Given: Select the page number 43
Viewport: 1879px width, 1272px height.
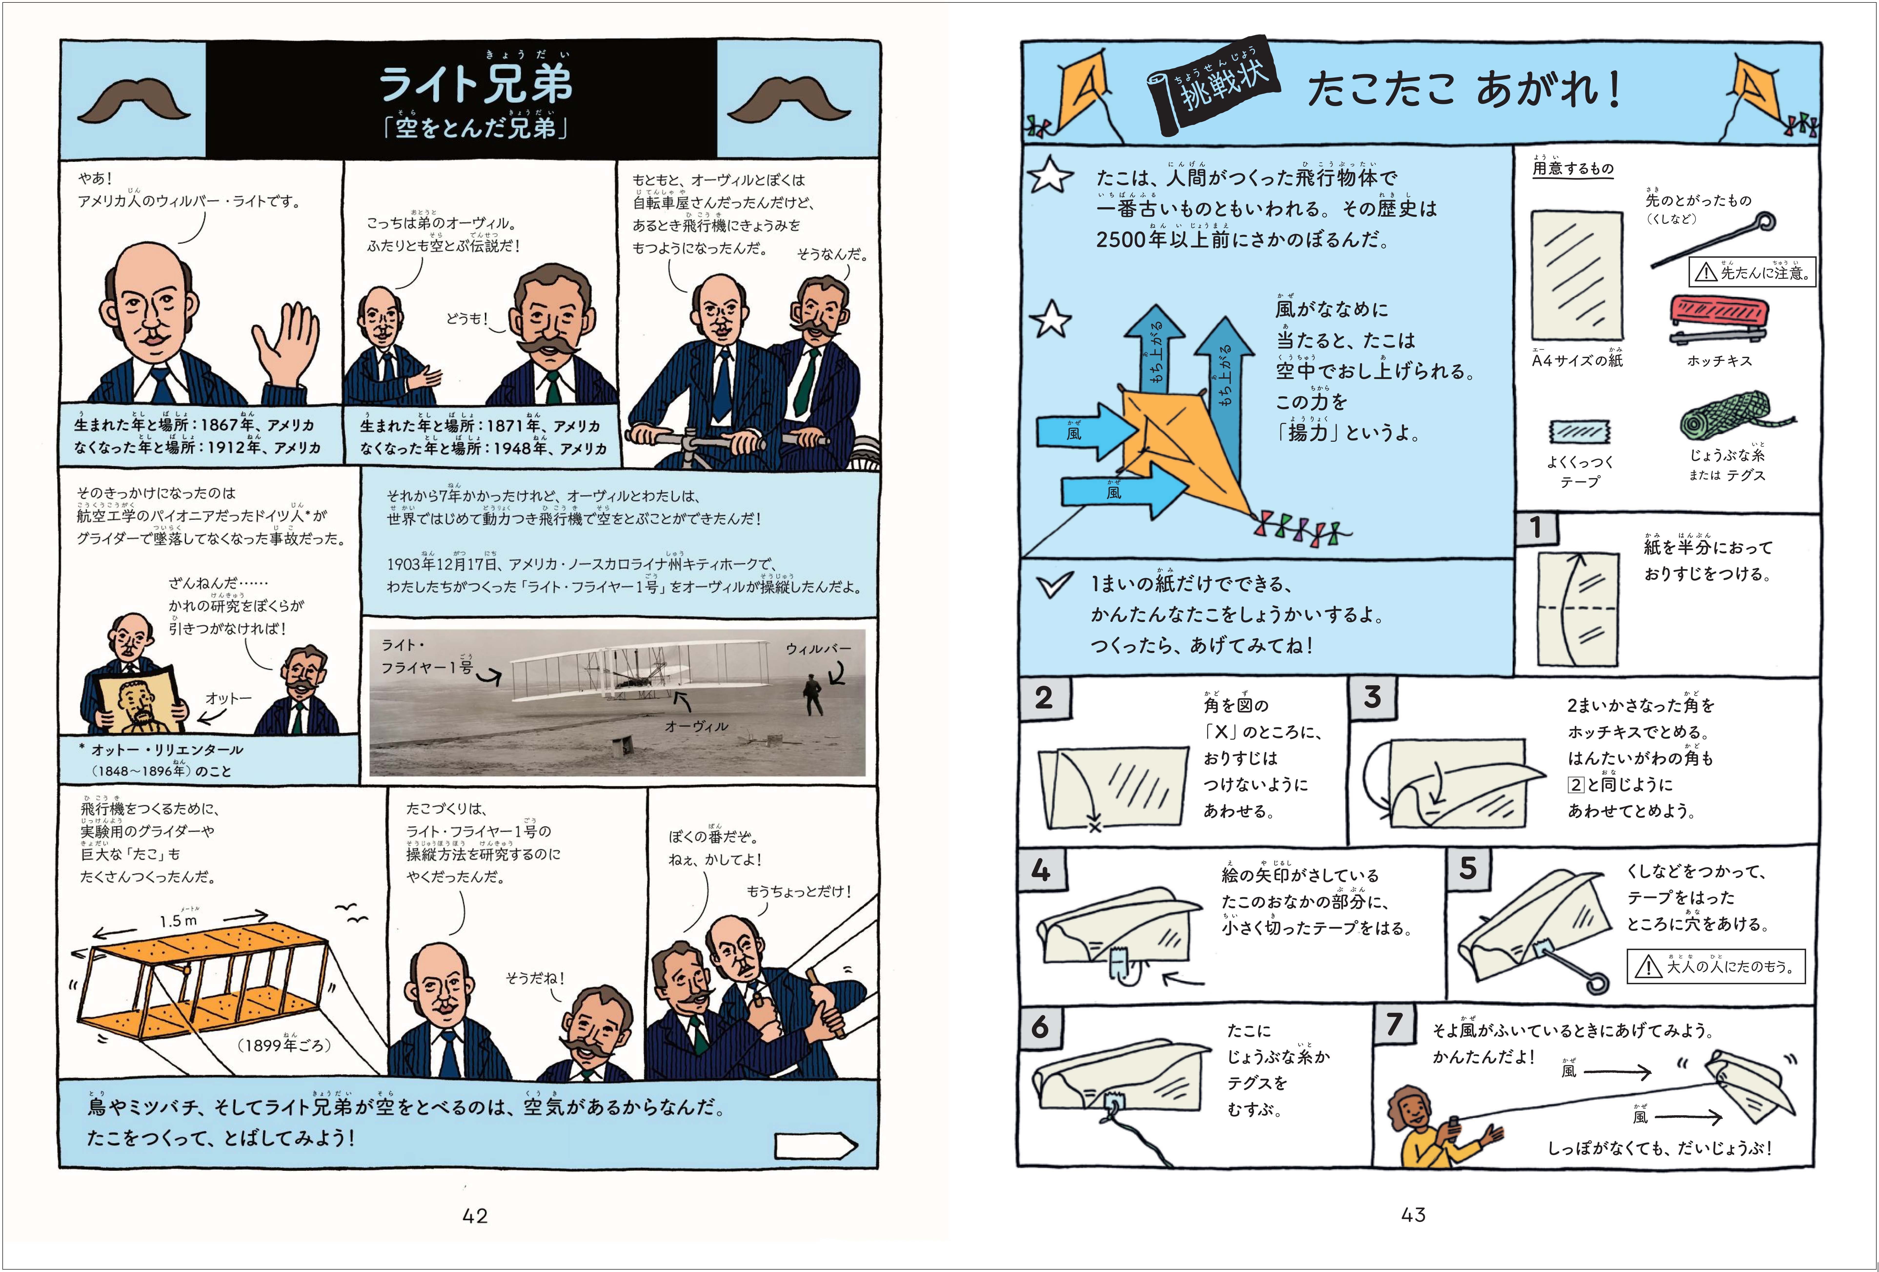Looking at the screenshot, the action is (1413, 1215).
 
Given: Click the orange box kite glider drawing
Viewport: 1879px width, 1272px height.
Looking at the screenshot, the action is (202, 983).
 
